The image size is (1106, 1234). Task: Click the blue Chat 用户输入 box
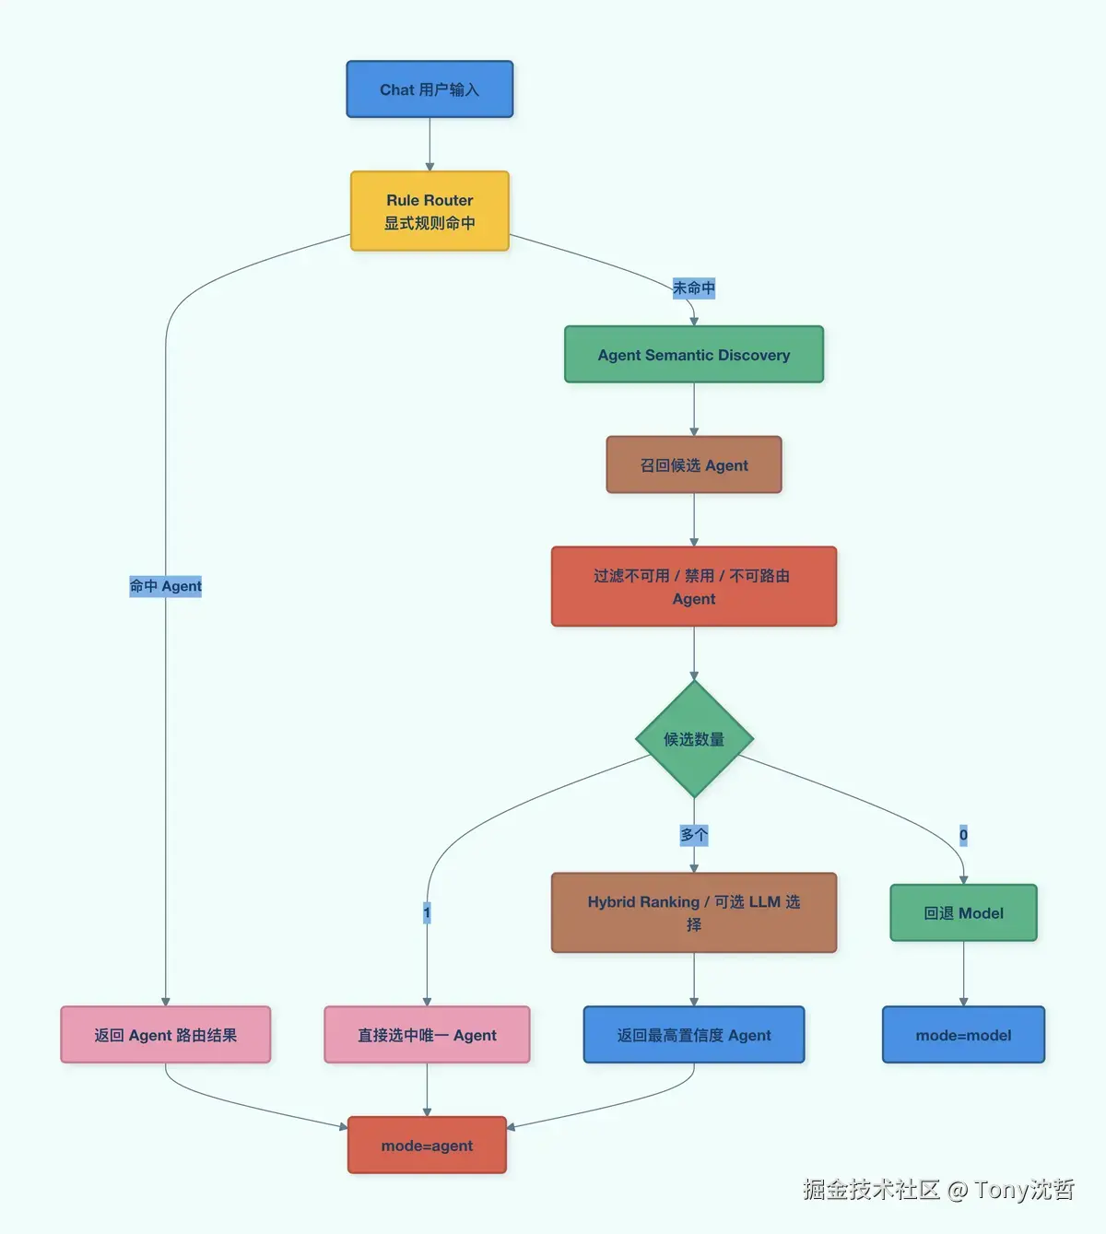click(429, 89)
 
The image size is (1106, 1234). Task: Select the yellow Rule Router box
click(429, 211)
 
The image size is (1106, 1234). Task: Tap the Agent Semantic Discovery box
click(693, 355)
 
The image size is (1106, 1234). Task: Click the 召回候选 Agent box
click(693, 465)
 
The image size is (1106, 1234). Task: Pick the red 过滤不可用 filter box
click(693, 587)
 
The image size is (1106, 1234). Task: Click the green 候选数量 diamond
click(694, 739)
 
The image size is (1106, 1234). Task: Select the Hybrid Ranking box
click(693, 912)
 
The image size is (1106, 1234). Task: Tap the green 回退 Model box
click(963, 913)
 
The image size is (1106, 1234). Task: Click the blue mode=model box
click(963, 1035)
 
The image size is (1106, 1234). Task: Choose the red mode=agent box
click(427, 1146)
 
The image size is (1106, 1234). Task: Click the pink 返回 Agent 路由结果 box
click(166, 1035)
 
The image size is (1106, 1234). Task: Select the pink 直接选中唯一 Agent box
click(427, 1035)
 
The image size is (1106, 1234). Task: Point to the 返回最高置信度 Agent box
click(693, 1035)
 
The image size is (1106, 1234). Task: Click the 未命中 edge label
click(693, 288)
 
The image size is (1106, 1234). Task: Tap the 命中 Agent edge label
click(166, 586)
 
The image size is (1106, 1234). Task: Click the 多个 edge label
click(693, 835)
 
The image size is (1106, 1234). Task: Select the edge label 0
click(963, 835)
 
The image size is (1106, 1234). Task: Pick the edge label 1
click(427, 912)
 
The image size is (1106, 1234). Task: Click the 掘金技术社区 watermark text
click(870, 1190)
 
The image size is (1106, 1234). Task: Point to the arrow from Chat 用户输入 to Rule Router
click(429, 145)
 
